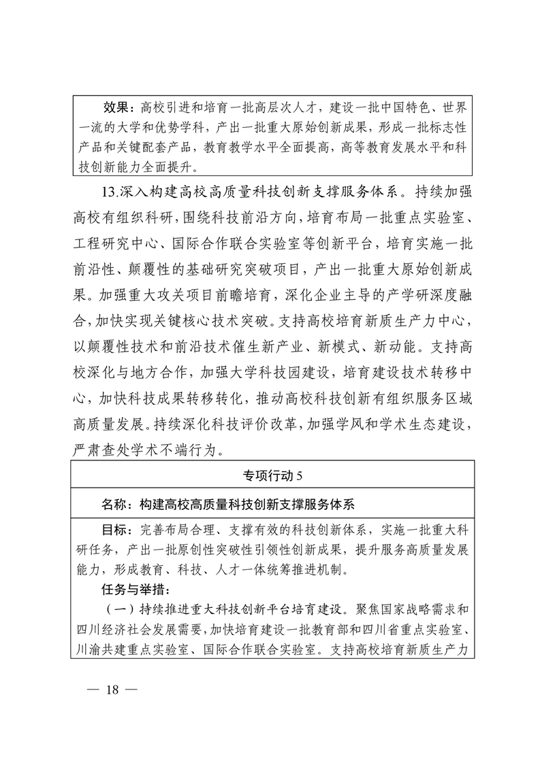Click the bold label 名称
pos(114,505)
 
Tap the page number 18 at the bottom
pos(112,689)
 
